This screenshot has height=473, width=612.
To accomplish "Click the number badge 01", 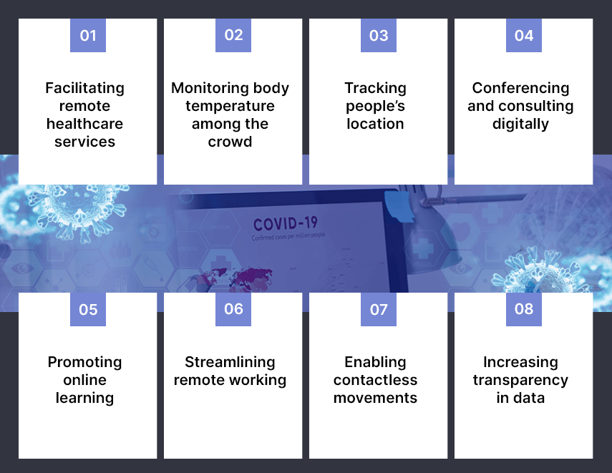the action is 88,35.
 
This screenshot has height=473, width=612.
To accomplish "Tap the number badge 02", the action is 233,35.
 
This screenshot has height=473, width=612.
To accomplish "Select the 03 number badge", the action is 379,35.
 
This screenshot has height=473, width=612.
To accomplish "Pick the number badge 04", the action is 524,35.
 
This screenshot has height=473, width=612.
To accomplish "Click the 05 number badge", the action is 88,309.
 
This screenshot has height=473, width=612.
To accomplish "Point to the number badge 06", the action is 233,309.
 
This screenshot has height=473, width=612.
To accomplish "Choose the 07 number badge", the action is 379,309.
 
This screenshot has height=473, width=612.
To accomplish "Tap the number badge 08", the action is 524,309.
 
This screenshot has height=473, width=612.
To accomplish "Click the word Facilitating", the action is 84,89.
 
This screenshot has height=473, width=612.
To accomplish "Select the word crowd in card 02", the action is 230,142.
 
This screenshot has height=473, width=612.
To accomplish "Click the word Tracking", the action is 376,89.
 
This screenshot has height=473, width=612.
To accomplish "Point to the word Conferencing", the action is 520,89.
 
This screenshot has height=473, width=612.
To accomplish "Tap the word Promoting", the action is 84,363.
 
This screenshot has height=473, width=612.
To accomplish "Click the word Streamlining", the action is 230,363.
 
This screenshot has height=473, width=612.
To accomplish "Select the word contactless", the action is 376,380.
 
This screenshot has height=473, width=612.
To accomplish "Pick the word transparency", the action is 520,381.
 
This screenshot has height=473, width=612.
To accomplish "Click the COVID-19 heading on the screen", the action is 286,224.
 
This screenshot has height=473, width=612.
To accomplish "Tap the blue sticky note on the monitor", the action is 399,205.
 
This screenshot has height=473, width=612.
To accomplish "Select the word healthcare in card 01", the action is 84,124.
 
